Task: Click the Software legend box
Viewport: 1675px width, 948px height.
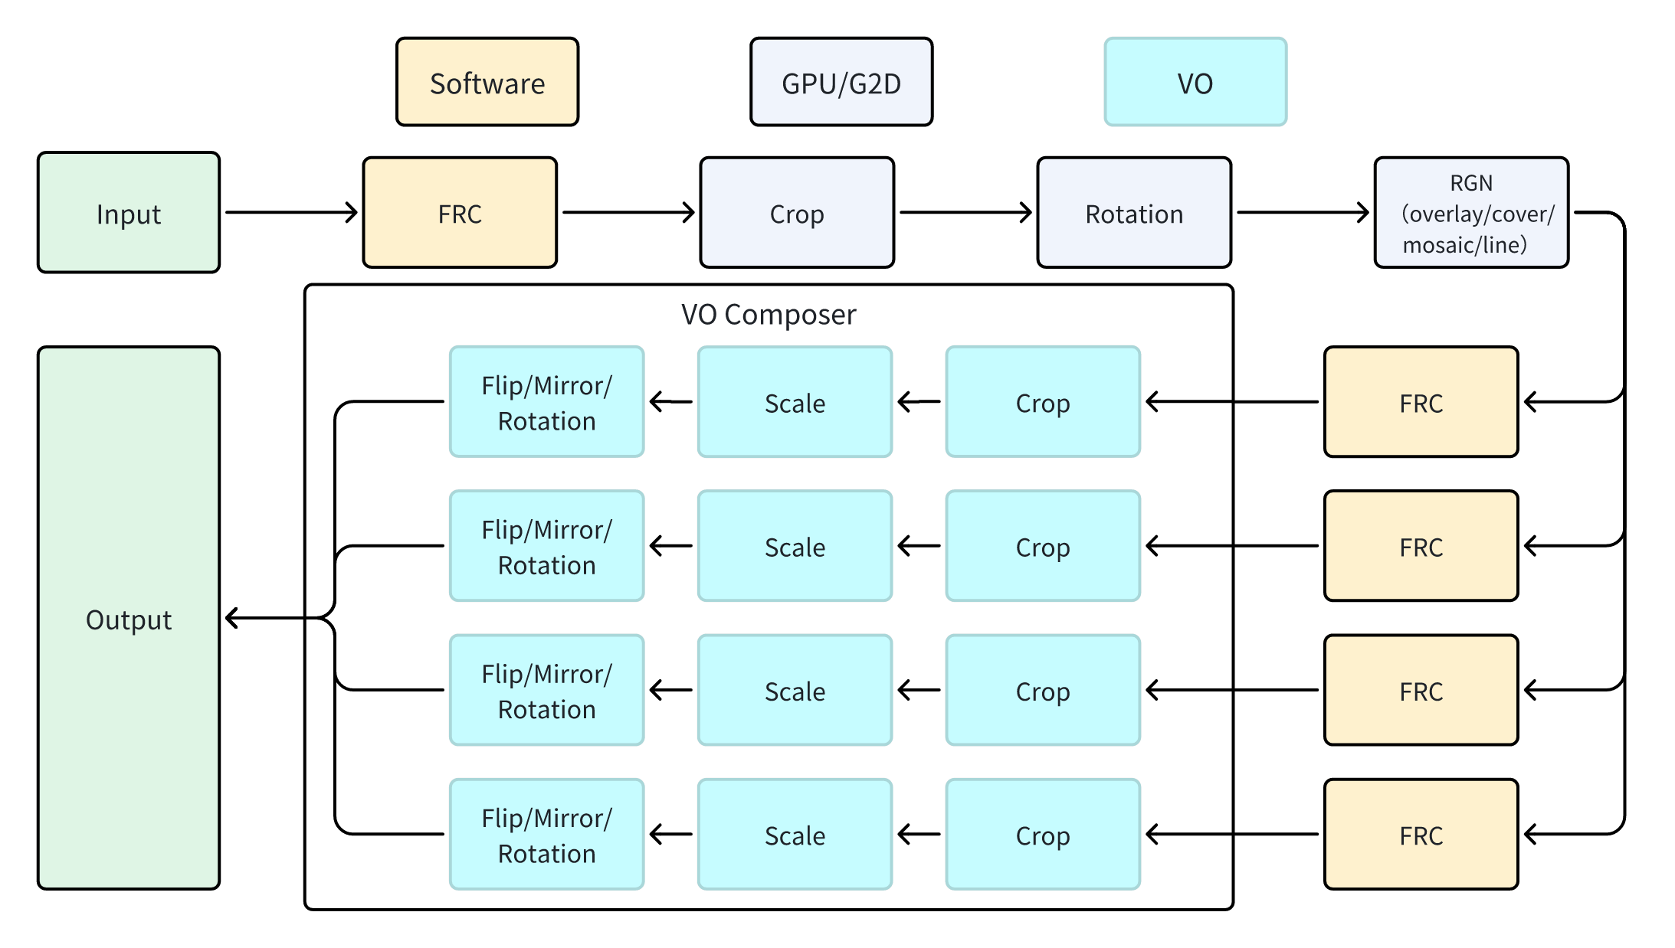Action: pos(487,82)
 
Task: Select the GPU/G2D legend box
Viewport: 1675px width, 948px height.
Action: pos(841,82)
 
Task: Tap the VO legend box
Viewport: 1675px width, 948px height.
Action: pos(1195,82)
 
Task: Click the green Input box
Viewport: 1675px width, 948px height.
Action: pos(129,213)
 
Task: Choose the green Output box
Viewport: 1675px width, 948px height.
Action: pos(129,618)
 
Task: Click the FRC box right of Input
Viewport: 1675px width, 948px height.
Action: pos(460,213)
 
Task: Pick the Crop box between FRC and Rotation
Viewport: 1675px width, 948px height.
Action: pos(797,213)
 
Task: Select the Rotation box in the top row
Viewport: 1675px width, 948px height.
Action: pos(1134,213)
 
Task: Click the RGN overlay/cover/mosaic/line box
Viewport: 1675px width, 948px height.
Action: pos(1471,213)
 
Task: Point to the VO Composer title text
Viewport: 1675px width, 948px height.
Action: pos(769,315)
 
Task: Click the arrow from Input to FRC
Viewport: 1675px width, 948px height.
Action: pos(291,213)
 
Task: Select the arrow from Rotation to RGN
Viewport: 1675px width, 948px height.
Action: pos(1303,213)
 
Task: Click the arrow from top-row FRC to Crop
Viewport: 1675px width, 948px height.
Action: pos(628,213)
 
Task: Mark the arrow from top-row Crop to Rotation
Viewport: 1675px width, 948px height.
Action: pos(965,213)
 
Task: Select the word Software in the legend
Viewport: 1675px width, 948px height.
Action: pos(487,83)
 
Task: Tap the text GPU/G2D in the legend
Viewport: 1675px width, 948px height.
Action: pos(841,83)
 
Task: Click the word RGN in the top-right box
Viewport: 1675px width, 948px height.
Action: pos(1471,183)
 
